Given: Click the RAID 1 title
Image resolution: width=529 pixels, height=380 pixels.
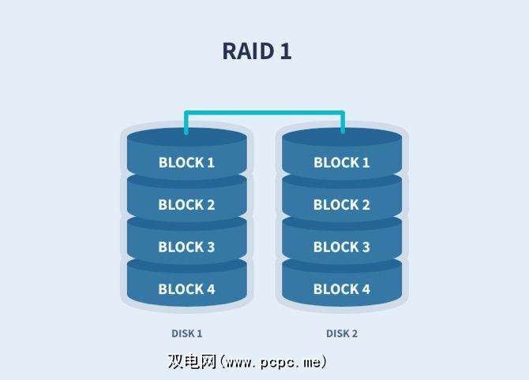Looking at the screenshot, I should [257, 51].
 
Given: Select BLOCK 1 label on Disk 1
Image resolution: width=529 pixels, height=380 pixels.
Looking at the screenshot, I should [186, 162].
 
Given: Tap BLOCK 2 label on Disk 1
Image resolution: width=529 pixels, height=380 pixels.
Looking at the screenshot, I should [186, 204].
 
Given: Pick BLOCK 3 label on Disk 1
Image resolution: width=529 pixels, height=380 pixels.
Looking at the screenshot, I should [186, 247].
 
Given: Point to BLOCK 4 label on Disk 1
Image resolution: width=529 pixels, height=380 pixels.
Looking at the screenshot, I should [186, 289].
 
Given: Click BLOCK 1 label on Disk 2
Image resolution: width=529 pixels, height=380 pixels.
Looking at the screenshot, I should [342, 162].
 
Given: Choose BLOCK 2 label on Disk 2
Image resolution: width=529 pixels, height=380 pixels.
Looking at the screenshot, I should [342, 204].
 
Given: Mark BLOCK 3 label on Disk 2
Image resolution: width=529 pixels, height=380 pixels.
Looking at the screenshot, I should [342, 247].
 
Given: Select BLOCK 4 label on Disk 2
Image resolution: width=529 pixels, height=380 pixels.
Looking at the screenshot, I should [342, 289].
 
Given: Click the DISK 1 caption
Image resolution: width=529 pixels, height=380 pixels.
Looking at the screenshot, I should [187, 333].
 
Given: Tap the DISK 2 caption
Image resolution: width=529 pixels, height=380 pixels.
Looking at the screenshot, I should [342, 333].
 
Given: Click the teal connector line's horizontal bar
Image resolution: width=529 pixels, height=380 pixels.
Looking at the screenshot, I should [264, 113].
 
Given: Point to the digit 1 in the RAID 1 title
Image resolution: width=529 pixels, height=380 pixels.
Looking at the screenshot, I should [286, 51].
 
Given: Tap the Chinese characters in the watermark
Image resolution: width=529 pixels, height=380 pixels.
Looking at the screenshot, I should [192, 361].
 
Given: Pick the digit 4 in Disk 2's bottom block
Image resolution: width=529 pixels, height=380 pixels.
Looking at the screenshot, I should [366, 289].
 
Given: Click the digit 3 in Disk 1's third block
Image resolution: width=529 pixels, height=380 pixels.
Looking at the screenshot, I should [210, 247].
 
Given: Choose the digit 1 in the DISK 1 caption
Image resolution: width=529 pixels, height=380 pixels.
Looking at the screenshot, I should [200, 333].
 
